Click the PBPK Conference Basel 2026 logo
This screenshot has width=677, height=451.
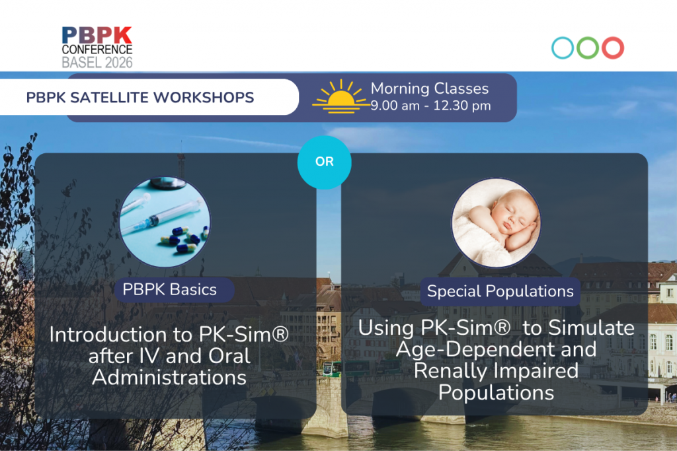(x=97, y=48)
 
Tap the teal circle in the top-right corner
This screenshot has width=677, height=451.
(x=563, y=38)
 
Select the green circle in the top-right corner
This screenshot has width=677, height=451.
(x=588, y=38)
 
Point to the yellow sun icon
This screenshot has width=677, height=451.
(x=341, y=97)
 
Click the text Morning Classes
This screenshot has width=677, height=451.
(x=430, y=88)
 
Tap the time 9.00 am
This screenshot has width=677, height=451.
(x=395, y=106)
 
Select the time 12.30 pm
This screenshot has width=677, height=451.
(x=462, y=106)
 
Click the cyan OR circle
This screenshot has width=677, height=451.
(x=324, y=162)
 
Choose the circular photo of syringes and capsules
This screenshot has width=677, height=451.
(x=165, y=222)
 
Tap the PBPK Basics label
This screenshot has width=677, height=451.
(x=170, y=289)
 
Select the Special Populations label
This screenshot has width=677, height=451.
(x=500, y=291)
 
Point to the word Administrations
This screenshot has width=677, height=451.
(x=169, y=378)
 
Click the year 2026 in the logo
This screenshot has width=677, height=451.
(x=119, y=63)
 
